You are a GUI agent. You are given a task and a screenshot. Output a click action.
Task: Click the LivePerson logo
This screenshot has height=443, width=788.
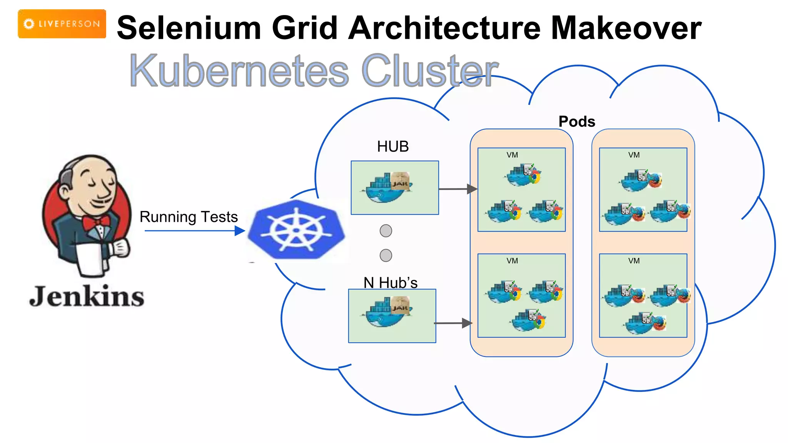click(62, 24)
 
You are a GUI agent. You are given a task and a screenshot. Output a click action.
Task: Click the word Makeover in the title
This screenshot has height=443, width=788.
click(626, 28)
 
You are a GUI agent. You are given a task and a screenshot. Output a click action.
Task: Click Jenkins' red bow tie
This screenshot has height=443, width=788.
click(97, 223)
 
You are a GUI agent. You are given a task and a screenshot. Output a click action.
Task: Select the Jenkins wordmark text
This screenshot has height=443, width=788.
click(87, 296)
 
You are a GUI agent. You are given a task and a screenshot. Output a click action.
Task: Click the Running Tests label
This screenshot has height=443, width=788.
click(189, 217)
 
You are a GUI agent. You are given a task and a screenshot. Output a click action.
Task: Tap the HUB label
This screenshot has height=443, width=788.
click(392, 147)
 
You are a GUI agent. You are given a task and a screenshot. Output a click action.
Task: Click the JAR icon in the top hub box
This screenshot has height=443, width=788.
click(400, 182)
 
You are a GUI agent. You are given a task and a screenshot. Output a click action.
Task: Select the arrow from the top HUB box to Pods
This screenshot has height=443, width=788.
click(457, 189)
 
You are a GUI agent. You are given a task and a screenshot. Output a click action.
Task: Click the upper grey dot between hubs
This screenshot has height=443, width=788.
click(386, 231)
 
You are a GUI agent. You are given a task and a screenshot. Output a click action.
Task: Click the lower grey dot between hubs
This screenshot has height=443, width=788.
click(386, 255)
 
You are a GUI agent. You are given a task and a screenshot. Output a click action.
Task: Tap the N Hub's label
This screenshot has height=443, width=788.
click(390, 283)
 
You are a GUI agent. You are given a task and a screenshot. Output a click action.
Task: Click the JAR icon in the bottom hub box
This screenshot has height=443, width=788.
click(400, 306)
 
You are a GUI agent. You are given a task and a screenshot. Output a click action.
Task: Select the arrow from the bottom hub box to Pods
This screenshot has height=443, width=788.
click(453, 323)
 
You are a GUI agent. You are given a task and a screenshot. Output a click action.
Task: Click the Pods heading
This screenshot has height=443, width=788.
click(576, 122)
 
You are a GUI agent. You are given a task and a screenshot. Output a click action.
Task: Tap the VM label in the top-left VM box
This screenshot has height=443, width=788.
click(512, 155)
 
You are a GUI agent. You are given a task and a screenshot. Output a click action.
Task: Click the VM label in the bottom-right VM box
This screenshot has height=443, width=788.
click(634, 261)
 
